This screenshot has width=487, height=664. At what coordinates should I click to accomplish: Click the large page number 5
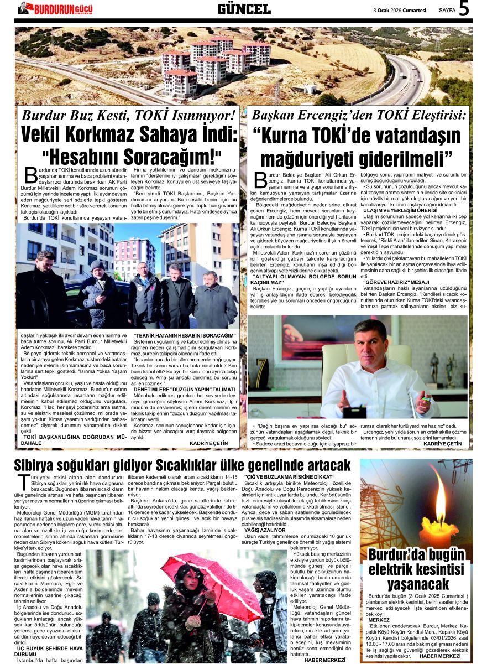463,9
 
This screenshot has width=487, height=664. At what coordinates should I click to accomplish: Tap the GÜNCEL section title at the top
244,9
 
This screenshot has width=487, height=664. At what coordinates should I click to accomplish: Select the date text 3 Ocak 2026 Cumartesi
400,10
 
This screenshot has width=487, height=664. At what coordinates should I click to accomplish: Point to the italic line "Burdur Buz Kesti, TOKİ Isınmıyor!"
129,116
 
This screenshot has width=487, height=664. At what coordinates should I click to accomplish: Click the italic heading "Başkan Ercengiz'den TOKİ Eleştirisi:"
359,116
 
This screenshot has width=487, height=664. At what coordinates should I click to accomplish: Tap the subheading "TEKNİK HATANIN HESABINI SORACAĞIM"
184,335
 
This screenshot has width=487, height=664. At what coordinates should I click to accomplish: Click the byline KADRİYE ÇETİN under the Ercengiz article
442,444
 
